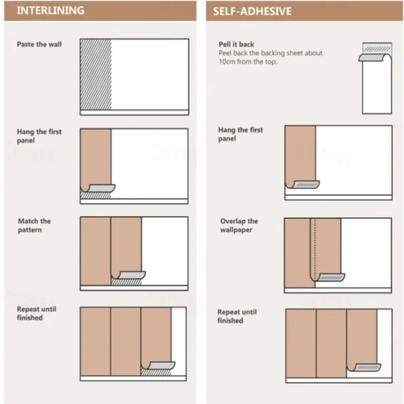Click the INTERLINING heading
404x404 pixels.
(50, 11)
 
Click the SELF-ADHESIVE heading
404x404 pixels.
(252, 11)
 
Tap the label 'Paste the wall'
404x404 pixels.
(39, 44)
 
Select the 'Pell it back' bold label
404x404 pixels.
(236, 44)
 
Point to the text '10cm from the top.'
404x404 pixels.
(248, 62)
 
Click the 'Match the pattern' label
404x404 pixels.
(34, 225)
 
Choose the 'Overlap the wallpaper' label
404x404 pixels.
(239, 225)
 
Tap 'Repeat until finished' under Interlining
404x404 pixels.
(36, 313)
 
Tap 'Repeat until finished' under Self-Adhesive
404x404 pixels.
(237, 316)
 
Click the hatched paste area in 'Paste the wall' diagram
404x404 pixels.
(96, 74)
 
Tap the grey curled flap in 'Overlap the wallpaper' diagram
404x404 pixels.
(332, 278)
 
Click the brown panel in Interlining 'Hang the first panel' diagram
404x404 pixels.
(96, 157)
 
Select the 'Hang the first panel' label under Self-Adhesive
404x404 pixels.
(240, 134)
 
